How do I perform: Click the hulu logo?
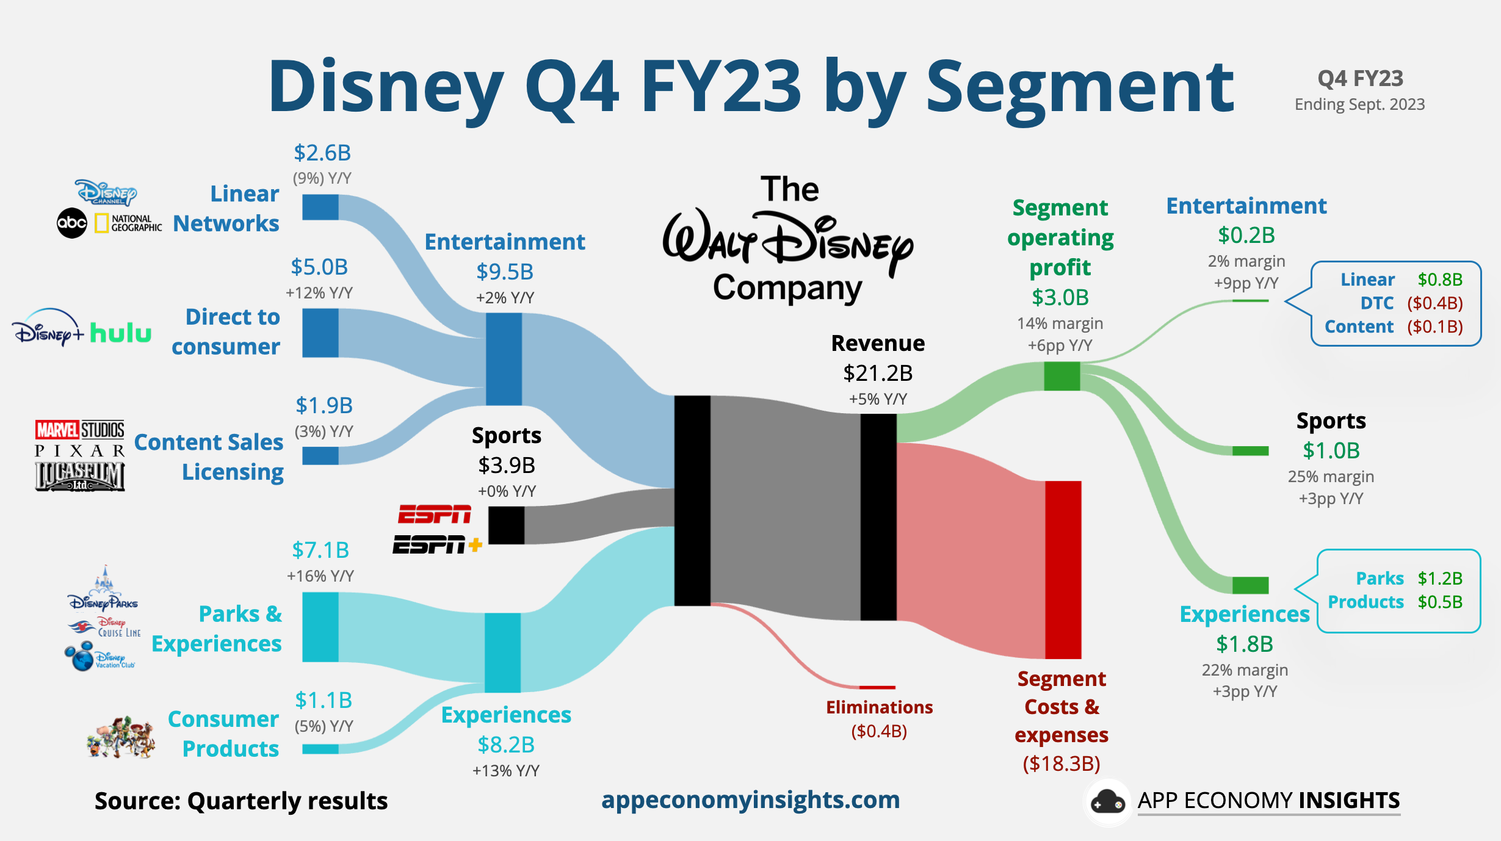click(120, 333)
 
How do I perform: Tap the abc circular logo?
click(72, 223)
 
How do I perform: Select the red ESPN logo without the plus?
click(434, 514)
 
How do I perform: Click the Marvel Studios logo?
click(80, 430)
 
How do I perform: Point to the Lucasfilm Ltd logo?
click(80, 477)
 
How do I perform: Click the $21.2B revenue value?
click(878, 373)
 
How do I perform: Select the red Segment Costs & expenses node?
click(1063, 569)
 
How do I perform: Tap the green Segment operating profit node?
click(1062, 376)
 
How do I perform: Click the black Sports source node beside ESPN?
click(506, 525)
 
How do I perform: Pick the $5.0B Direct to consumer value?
click(319, 267)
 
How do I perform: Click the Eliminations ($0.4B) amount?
click(879, 731)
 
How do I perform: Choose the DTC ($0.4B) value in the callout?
click(1434, 303)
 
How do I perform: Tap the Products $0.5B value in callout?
click(1439, 602)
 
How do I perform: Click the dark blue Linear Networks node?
click(320, 208)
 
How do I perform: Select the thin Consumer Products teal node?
click(320, 749)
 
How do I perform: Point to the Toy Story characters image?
click(121, 737)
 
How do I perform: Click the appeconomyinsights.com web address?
click(750, 800)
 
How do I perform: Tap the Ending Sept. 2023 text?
click(1359, 105)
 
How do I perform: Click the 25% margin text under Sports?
click(1331, 477)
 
